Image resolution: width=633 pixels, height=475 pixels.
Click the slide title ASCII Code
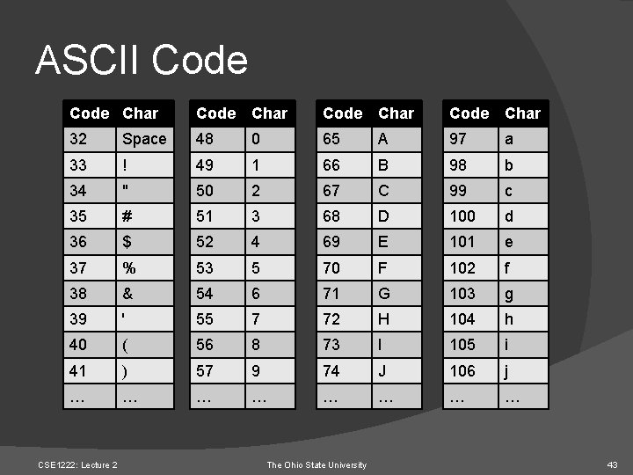tap(142, 61)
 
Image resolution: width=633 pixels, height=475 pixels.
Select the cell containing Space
tap(144, 139)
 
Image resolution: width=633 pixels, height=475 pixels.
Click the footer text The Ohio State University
tap(316, 464)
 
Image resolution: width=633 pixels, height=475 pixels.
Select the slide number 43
tap(613, 464)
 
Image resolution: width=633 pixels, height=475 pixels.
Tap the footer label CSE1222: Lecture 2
tap(77, 464)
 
